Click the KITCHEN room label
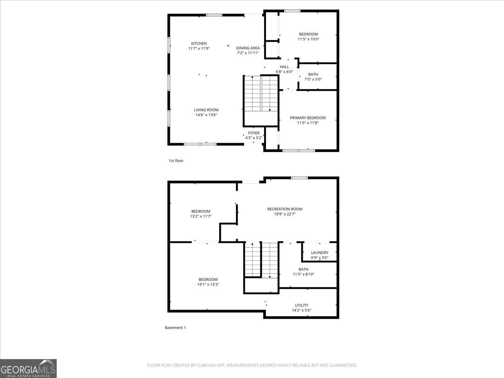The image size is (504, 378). (199, 43)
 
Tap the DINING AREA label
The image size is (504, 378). (248, 48)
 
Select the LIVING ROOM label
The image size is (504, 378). (206, 110)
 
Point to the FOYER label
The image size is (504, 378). (254, 133)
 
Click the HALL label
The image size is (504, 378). (284, 67)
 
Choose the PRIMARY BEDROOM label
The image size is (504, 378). (308, 118)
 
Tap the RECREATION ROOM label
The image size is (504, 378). (285, 209)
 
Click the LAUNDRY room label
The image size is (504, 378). (320, 252)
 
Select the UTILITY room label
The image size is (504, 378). (302, 305)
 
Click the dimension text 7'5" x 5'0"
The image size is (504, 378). (313, 79)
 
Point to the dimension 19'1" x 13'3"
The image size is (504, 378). (208, 284)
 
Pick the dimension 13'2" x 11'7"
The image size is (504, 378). (201, 216)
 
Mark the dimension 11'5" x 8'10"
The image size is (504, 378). (303, 274)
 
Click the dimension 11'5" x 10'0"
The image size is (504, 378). (308, 39)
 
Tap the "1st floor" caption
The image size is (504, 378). (176, 161)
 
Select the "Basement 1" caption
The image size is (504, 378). (175, 328)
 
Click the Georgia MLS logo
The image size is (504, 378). (28, 369)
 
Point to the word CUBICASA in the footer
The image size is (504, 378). (206, 365)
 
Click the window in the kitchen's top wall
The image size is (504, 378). (214, 15)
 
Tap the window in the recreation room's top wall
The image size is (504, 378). (299, 178)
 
